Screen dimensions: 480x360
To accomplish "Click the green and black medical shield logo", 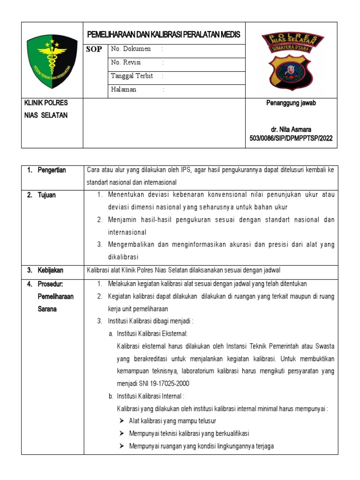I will [52, 60].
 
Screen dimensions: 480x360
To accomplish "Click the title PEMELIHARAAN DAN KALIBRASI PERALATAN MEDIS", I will [164, 35].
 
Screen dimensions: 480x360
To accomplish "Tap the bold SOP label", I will [94, 49].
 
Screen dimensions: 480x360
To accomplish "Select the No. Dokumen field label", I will [131, 49].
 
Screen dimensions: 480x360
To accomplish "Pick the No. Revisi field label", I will [126, 62].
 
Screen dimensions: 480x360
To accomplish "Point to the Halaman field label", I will [124, 90].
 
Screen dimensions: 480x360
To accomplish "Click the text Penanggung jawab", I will [291, 103].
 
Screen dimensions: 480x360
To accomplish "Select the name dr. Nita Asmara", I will [291, 129].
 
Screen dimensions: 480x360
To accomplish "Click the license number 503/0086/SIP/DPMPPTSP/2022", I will [291, 138].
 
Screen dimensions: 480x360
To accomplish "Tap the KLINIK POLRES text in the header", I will [46, 103].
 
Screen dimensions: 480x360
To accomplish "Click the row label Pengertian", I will [52, 170].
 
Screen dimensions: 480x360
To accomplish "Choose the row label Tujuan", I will [47, 195].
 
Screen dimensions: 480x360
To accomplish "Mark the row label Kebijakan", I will [51, 270].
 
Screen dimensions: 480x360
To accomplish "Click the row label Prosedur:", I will [51, 284].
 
